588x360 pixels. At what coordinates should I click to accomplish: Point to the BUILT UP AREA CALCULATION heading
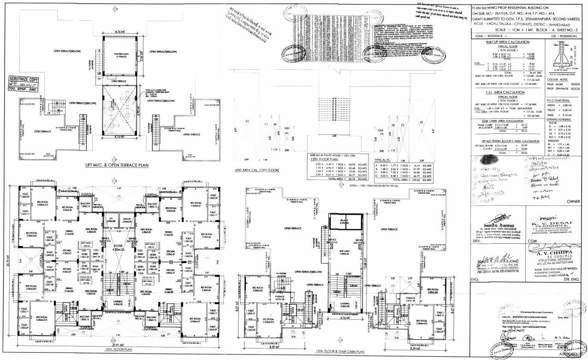(507, 42)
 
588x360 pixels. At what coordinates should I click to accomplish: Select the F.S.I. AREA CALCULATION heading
(507, 92)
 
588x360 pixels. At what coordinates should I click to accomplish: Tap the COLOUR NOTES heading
(560, 79)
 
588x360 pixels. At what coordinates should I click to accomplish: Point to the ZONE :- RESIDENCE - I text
(489, 36)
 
